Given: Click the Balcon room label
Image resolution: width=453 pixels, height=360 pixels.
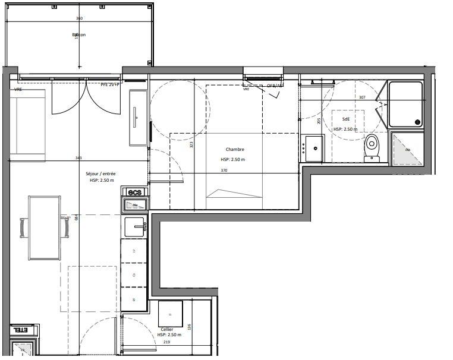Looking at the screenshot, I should click(79, 35).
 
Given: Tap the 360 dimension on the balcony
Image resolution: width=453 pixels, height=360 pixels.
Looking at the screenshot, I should click(80, 19).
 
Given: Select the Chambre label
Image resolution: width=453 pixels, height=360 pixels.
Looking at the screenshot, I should click(235, 150).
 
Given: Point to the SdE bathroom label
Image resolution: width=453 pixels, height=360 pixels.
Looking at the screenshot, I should click(345, 119).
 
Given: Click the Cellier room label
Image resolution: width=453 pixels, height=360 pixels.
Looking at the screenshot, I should click(167, 329).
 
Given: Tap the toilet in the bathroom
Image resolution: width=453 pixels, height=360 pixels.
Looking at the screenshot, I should click(372, 147).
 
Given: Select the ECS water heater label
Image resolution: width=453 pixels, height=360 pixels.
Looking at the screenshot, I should click(134, 191).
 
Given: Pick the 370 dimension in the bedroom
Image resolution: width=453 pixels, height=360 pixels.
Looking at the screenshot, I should click(224, 170).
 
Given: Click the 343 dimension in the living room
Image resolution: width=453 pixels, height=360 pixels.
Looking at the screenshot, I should click(78, 158).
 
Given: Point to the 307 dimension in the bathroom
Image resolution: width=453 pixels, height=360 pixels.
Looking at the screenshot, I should click(361, 97).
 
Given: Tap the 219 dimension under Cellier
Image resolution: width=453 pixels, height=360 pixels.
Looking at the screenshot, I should click(167, 343).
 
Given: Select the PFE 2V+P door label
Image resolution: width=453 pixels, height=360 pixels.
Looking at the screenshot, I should click(110, 85).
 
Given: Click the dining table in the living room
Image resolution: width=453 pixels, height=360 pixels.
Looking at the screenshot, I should click(45, 228).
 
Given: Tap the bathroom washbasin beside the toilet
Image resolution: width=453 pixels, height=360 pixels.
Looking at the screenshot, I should click(313, 148).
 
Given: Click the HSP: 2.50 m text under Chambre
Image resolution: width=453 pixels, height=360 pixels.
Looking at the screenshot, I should click(233, 160).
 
